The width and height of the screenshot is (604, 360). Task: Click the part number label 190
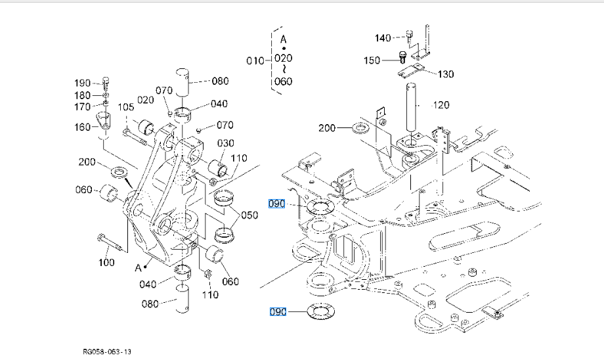(x=83, y=83)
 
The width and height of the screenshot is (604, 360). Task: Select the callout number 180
(x=83, y=95)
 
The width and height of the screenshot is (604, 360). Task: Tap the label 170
(x=83, y=106)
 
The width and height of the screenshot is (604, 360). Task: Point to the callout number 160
(x=83, y=127)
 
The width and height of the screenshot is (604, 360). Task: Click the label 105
(x=125, y=107)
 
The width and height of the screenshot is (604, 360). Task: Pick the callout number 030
(x=226, y=143)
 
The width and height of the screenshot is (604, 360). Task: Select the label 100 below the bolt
(x=106, y=262)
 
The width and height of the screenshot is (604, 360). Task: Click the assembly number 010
(x=255, y=61)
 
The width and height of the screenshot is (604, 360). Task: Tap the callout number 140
(x=383, y=37)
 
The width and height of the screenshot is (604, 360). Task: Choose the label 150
(x=372, y=60)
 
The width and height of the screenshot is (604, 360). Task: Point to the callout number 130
(x=446, y=74)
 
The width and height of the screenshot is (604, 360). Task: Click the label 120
(x=441, y=105)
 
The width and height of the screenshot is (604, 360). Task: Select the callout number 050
(x=249, y=215)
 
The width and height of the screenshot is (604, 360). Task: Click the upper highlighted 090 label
(x=277, y=204)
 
